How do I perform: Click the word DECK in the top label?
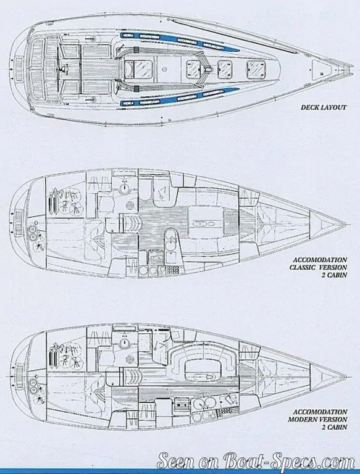pos(309,107)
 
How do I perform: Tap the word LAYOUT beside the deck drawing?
pos(333,107)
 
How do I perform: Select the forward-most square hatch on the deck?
pos(256,70)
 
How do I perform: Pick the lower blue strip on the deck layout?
pos(178,98)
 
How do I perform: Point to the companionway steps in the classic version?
pos(131,222)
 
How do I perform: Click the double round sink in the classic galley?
pos(170,239)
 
